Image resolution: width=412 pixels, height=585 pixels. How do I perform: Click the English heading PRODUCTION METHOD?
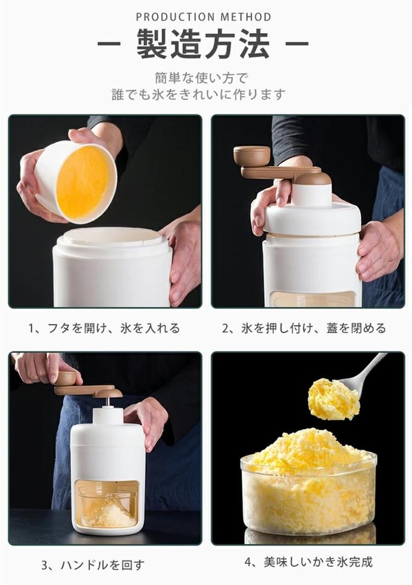[203, 17]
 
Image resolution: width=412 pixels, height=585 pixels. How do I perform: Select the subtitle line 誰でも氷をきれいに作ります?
[198, 94]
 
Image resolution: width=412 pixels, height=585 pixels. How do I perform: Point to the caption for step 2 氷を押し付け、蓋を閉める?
[303, 328]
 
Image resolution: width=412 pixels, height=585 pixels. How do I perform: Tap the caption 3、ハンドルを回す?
[93, 565]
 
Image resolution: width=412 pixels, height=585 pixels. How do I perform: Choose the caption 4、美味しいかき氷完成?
[309, 562]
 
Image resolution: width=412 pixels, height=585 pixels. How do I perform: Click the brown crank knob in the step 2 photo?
[251, 155]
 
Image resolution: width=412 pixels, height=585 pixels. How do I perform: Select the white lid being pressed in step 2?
[311, 217]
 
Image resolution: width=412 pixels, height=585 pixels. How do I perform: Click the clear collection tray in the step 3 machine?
[107, 503]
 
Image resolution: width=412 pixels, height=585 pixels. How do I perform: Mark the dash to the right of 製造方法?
[297, 44]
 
